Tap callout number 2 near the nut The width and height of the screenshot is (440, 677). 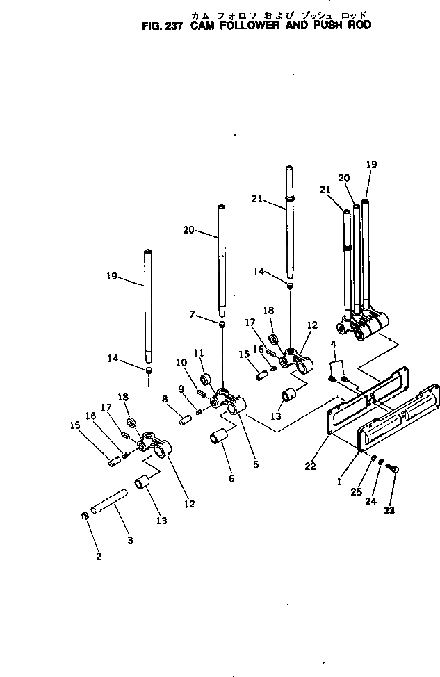tap(99, 556)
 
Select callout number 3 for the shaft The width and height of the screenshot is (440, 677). tap(129, 539)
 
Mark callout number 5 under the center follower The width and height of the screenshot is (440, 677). tap(255, 464)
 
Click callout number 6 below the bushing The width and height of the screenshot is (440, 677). tap(231, 478)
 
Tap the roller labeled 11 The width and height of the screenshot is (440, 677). tap(206, 380)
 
